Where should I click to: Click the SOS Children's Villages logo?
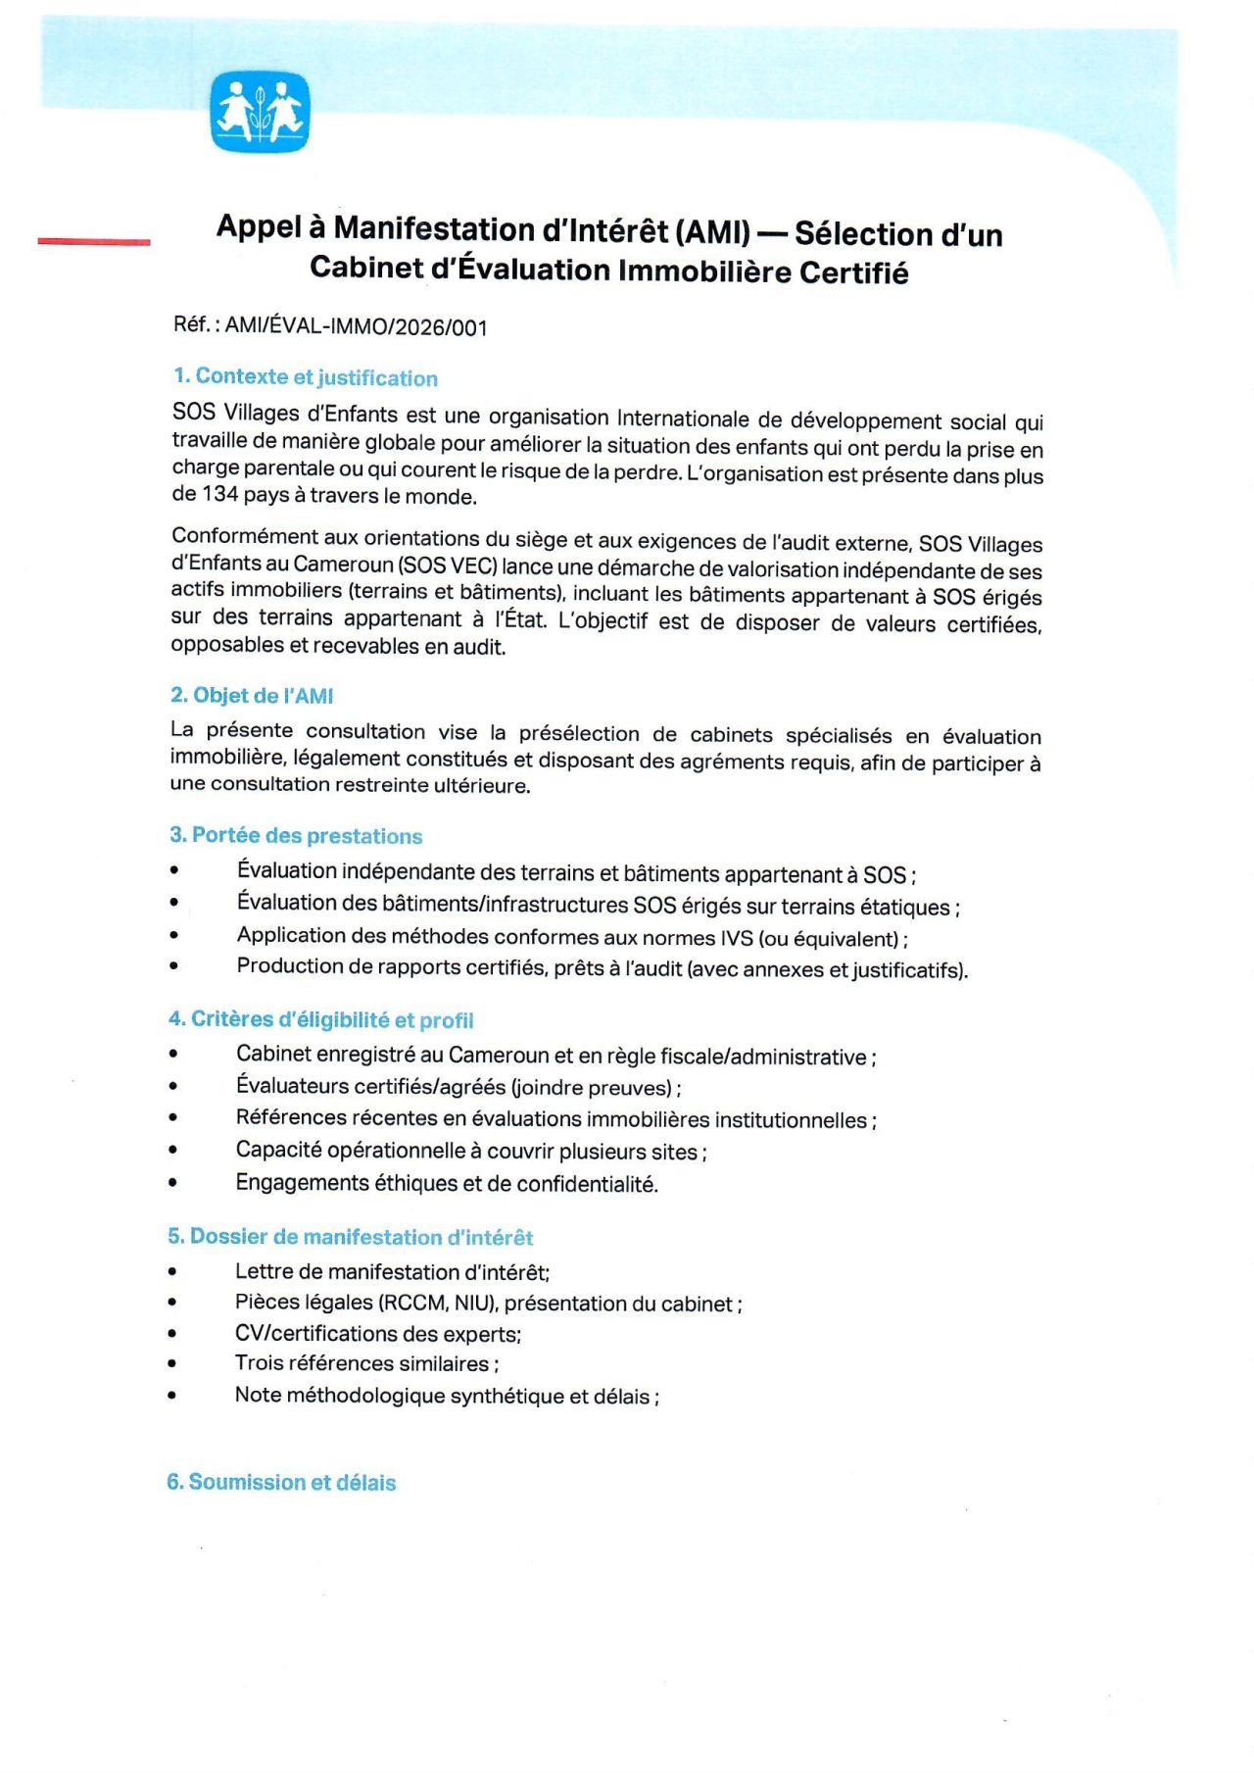click(260, 112)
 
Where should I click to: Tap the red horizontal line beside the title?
click(94, 240)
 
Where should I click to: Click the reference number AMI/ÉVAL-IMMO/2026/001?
click(356, 326)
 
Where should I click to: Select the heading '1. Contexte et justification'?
click(306, 377)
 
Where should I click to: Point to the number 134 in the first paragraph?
click(219, 494)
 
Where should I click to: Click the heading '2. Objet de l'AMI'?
click(252, 696)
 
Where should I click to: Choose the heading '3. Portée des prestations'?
click(296, 836)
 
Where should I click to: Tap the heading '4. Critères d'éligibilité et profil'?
click(321, 1020)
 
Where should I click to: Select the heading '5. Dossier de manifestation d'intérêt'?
click(351, 1237)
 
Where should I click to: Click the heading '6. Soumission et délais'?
click(282, 1482)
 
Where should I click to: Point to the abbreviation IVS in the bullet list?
click(737, 939)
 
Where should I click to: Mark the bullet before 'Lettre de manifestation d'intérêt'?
click(172, 1272)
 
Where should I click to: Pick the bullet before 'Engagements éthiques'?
click(173, 1183)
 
